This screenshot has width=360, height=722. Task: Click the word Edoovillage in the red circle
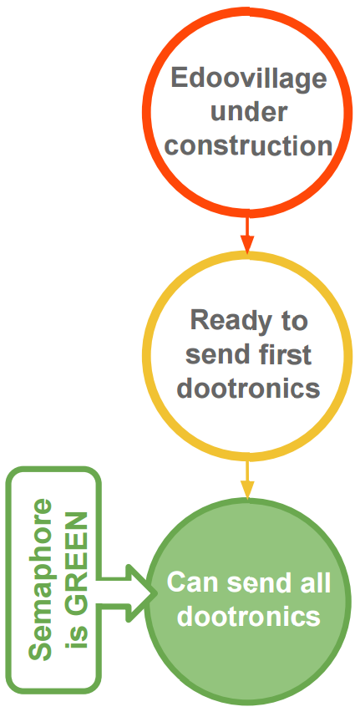[x=249, y=79]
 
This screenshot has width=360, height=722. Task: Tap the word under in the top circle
[x=249, y=111]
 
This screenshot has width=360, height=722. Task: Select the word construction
[x=249, y=145]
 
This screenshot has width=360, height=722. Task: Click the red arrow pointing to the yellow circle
[x=248, y=233]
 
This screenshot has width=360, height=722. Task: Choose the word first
[x=282, y=353]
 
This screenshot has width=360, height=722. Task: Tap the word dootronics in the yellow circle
[x=249, y=388]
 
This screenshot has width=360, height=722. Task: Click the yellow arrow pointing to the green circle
[x=248, y=478]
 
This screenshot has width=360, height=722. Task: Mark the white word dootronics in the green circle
[x=249, y=616]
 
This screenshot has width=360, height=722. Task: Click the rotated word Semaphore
[x=42, y=579]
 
